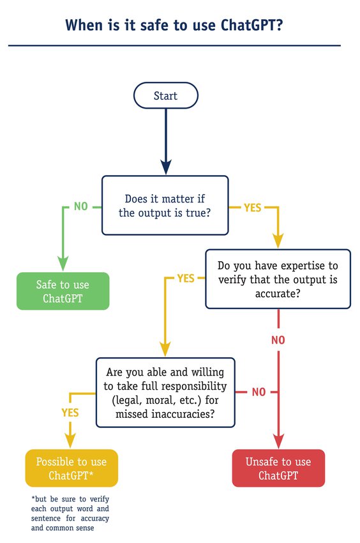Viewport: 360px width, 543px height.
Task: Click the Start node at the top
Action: (165, 96)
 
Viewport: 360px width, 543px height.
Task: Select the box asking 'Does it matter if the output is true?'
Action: (165, 206)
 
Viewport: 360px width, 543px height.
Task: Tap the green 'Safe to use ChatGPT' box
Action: (63, 291)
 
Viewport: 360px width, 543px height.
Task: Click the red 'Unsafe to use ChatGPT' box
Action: (278, 468)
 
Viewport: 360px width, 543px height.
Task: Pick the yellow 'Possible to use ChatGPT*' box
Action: (71, 468)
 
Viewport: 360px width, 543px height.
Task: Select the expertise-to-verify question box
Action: (278, 279)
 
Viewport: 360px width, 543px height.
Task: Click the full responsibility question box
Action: (165, 392)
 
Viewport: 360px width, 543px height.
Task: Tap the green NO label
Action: (80, 206)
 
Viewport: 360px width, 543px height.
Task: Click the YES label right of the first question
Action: (252, 207)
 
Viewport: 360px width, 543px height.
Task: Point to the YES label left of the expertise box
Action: (185, 279)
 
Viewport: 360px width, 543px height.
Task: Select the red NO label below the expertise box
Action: (278, 340)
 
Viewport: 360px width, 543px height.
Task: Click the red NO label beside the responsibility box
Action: (258, 392)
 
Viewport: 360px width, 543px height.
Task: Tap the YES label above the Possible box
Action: (70, 413)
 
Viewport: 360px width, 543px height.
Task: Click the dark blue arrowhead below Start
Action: (165, 168)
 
